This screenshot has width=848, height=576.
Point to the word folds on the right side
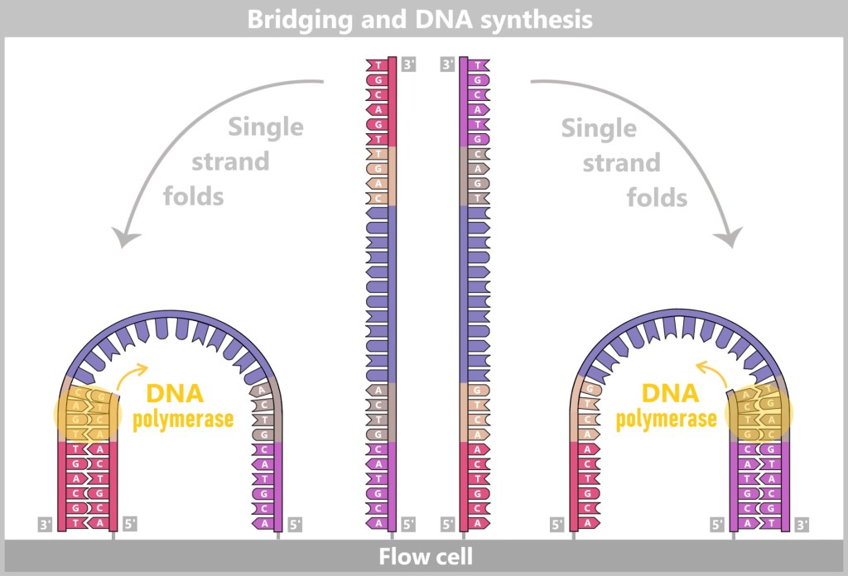tap(657, 198)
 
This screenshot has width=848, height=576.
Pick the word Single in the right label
tap(599, 128)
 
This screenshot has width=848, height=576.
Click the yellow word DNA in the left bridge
tap(175, 394)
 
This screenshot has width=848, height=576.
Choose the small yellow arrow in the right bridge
tap(711, 372)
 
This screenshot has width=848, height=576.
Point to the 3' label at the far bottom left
tap(46, 524)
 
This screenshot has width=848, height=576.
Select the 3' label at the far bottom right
tap(801, 524)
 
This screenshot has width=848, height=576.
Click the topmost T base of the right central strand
tap(478, 65)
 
